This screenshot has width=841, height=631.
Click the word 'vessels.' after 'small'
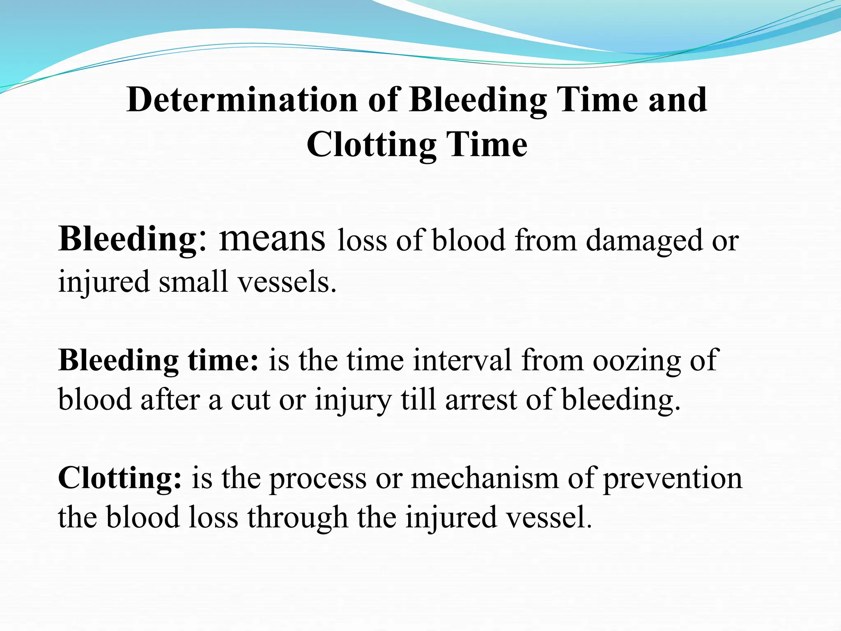pos(287,282)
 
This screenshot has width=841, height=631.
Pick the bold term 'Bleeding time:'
pos(159,360)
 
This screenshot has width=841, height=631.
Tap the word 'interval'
pos(462,360)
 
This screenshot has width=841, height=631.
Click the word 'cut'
pos(250,400)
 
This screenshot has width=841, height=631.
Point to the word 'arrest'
pos(481,400)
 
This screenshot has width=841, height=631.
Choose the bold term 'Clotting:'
pos(119,479)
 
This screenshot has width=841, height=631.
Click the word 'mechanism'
pos(485,479)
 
